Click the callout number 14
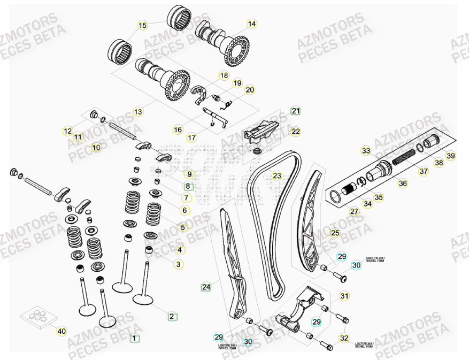click(251, 24)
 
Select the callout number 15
click(142, 25)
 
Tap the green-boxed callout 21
click(296, 111)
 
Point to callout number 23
click(276, 175)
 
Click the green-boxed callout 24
click(206, 287)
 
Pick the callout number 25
click(335, 233)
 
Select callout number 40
click(61, 332)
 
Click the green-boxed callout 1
click(135, 338)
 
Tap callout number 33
click(365, 151)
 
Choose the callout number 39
click(450, 156)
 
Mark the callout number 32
click(344, 338)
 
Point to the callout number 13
click(138, 112)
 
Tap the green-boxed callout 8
click(187, 187)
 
